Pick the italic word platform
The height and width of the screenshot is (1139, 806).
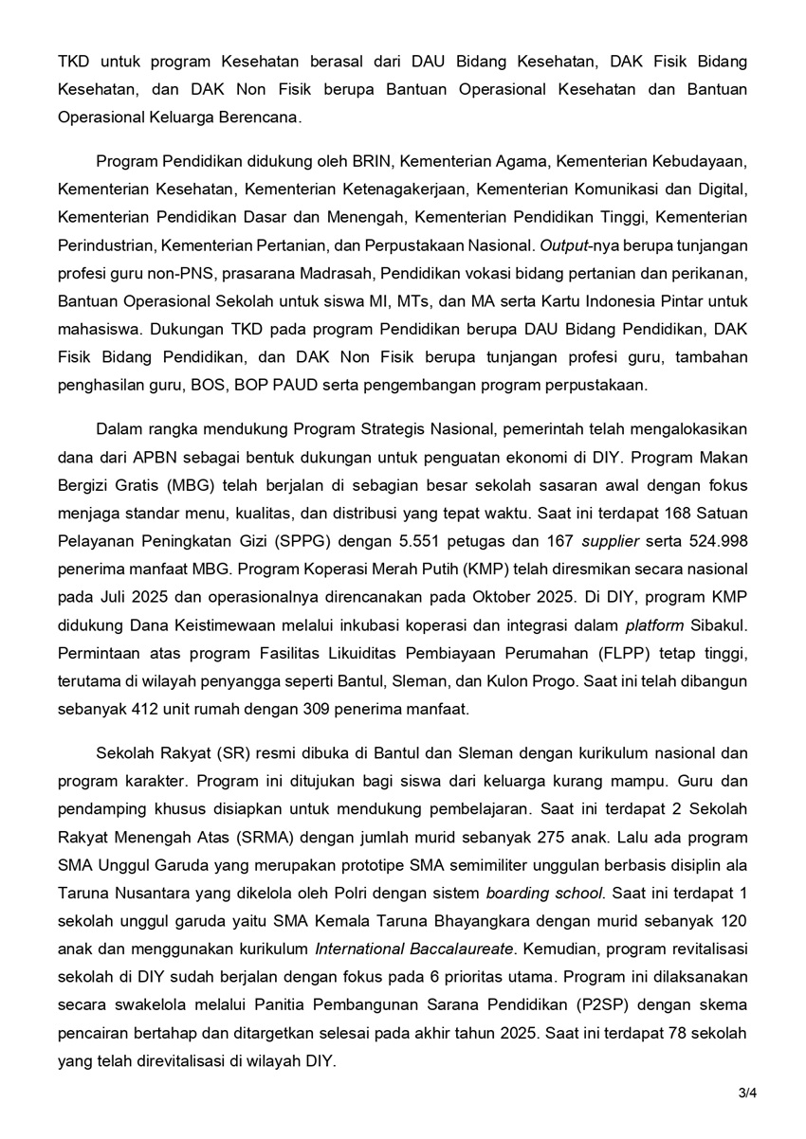655,626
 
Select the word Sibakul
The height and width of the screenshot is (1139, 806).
720,626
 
